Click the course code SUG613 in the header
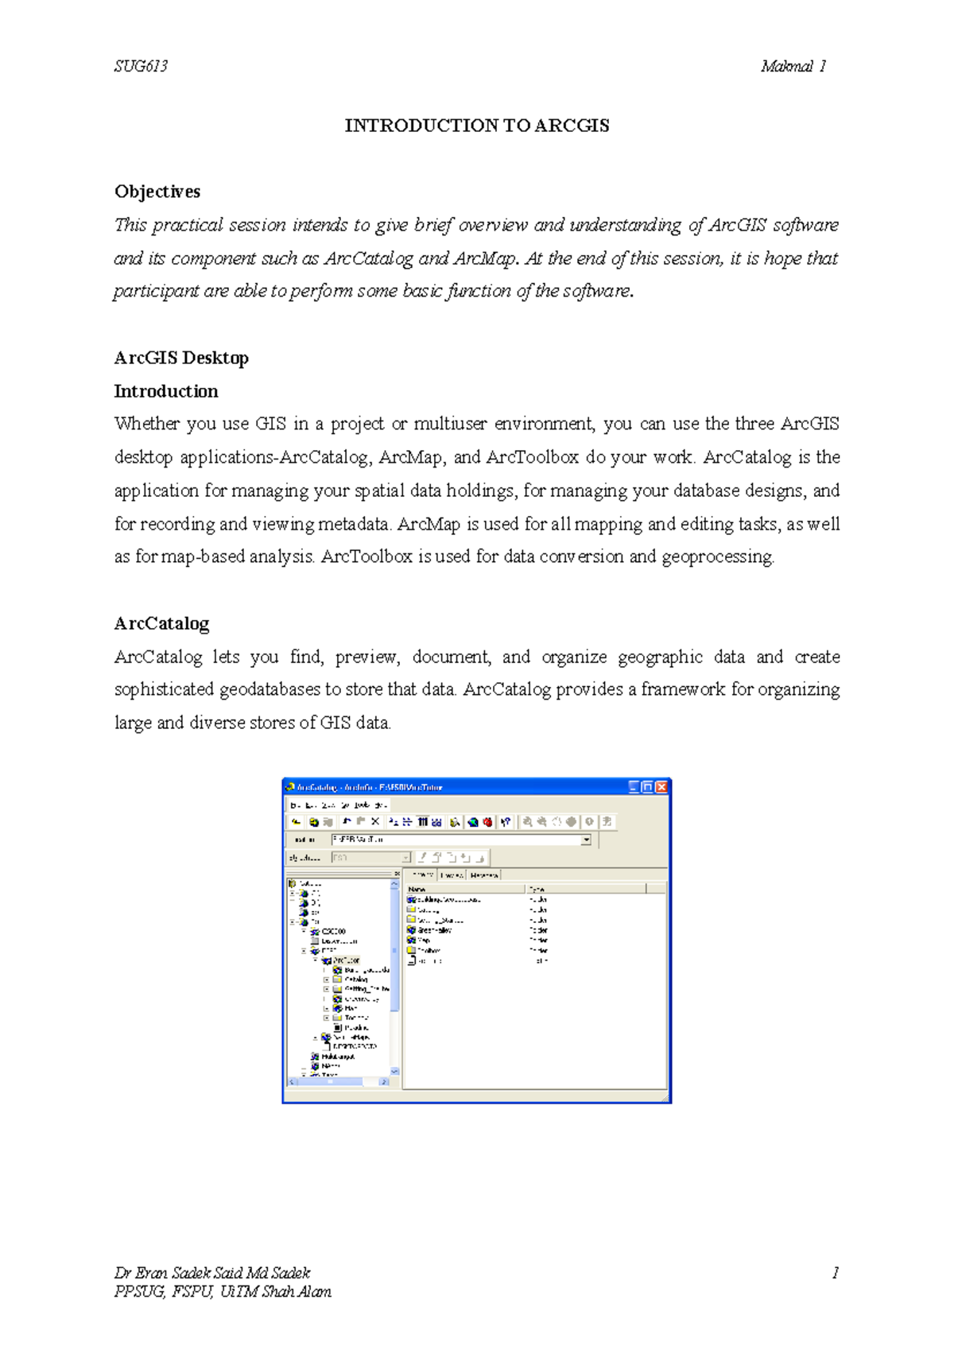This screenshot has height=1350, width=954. point(141,66)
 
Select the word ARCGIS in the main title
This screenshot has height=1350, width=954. point(572,126)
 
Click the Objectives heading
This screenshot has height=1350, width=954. point(157,192)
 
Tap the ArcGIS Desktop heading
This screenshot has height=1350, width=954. point(181,358)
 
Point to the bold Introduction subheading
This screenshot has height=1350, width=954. point(165,391)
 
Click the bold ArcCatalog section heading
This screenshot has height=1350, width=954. point(161,623)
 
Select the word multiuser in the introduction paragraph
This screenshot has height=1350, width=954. point(450,424)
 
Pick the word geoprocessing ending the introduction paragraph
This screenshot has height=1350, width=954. point(717,557)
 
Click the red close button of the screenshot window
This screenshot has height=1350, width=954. point(661,787)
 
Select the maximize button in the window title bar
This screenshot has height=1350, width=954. point(648,787)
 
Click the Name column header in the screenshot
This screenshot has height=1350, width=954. point(417,889)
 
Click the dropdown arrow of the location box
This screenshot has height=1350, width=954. point(586,840)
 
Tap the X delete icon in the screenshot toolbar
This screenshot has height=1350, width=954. point(375,822)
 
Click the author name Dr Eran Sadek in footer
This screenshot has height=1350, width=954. point(212,1273)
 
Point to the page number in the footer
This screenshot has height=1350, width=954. point(835,1273)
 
